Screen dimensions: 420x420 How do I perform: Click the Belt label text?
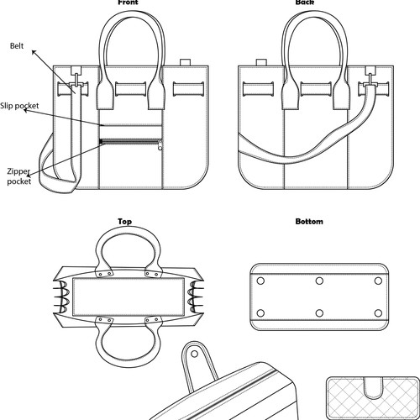17,45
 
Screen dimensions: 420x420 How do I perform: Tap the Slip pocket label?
19,106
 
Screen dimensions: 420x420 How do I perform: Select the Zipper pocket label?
18,176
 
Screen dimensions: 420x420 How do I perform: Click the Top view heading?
124,222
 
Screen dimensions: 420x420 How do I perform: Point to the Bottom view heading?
309,222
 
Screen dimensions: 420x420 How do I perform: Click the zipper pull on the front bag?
160,145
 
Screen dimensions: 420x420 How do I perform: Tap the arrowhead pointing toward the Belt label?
34,53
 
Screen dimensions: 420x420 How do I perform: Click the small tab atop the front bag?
185,62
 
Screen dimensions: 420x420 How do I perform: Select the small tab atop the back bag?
261,62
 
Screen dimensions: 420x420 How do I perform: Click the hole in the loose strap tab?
194,354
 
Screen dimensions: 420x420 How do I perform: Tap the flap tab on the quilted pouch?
374,388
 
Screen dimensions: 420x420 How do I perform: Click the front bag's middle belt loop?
131,89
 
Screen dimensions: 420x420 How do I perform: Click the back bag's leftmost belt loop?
258,89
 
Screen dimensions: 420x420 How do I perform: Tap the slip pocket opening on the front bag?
131,125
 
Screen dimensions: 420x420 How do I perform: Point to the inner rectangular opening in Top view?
129,297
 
